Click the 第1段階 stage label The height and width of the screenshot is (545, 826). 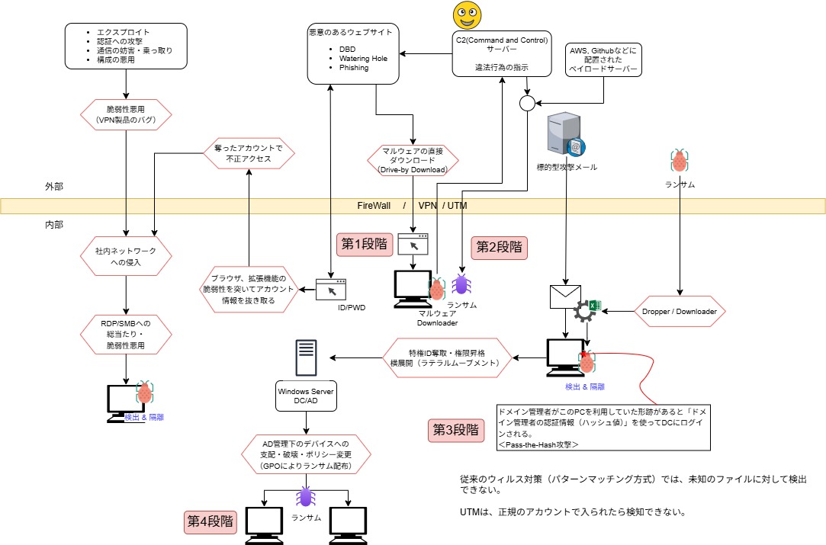363,245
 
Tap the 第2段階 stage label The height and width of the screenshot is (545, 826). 500,246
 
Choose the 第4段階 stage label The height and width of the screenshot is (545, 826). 211,522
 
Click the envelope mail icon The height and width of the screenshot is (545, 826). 565,295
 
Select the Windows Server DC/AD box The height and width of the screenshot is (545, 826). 305,396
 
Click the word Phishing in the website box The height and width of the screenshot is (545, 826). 354,68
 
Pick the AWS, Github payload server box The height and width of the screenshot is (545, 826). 603,59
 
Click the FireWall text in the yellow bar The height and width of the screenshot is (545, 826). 374,206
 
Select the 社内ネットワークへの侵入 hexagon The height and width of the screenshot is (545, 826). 126,255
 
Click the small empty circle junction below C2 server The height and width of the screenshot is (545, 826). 527,103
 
